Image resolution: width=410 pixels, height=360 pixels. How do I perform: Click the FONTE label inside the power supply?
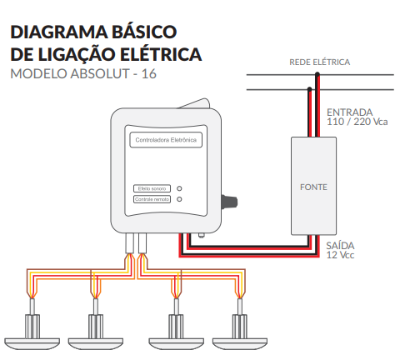313,187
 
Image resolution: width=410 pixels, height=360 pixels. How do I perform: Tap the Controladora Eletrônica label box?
166,140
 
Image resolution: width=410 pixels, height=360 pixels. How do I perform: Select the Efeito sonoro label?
152,188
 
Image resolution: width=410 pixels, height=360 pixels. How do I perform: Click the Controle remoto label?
152,199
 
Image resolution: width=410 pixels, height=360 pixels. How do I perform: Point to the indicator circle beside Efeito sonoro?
179,188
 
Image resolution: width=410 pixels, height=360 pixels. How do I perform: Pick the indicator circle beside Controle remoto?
179,199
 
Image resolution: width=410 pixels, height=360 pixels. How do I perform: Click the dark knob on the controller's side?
229,202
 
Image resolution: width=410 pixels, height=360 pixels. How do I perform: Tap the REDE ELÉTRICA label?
320,62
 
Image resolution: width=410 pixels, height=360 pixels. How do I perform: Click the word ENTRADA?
350,112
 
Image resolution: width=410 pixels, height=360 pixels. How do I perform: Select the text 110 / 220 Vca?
357,122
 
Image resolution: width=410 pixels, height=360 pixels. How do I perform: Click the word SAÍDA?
340,246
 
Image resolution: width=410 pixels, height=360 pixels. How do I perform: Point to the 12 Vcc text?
340,255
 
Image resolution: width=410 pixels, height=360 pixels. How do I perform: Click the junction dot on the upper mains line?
317,74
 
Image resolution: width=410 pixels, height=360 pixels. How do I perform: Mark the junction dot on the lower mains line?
309,89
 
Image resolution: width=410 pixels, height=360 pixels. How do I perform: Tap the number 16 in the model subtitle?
149,73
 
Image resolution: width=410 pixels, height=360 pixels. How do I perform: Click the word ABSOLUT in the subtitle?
100,73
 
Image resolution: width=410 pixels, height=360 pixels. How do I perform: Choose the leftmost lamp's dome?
32,343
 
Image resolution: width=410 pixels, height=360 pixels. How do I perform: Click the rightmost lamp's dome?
240,343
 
